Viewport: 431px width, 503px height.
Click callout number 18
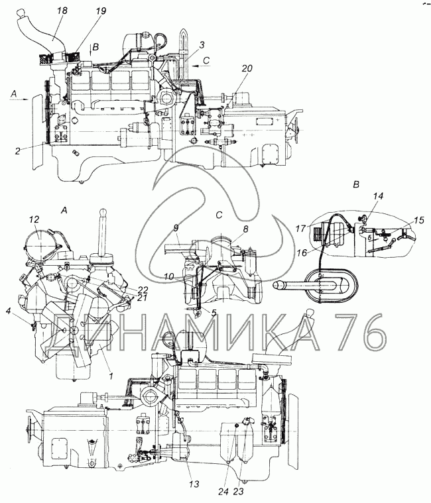click(62, 11)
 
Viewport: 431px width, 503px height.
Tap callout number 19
click(100, 11)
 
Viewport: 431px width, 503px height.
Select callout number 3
click(201, 45)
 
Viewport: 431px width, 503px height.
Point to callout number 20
click(247, 68)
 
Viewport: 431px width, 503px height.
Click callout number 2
click(18, 150)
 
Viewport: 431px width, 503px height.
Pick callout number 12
click(34, 219)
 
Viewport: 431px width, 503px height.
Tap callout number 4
click(9, 310)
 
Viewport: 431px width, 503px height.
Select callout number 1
click(111, 376)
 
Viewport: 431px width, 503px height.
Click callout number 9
click(176, 228)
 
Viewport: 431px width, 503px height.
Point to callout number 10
click(169, 276)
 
